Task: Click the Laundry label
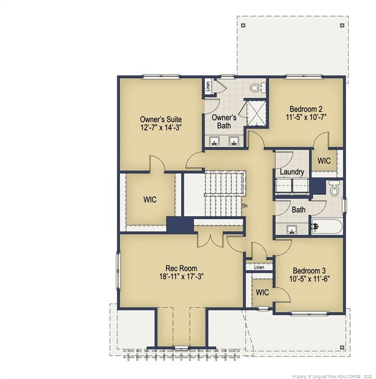tap(292, 172)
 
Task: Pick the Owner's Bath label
tap(224, 121)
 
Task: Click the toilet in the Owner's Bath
tap(257, 88)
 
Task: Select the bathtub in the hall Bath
tap(327, 227)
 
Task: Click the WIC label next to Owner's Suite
tap(150, 200)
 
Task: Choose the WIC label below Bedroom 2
tap(324, 161)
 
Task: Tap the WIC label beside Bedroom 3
tap(262, 293)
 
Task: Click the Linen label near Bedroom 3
tap(259, 267)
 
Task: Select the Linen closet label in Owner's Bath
tap(209, 87)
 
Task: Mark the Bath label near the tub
tap(298, 210)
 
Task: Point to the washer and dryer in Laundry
tap(292, 186)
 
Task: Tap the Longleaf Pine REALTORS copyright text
tap(331, 376)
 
